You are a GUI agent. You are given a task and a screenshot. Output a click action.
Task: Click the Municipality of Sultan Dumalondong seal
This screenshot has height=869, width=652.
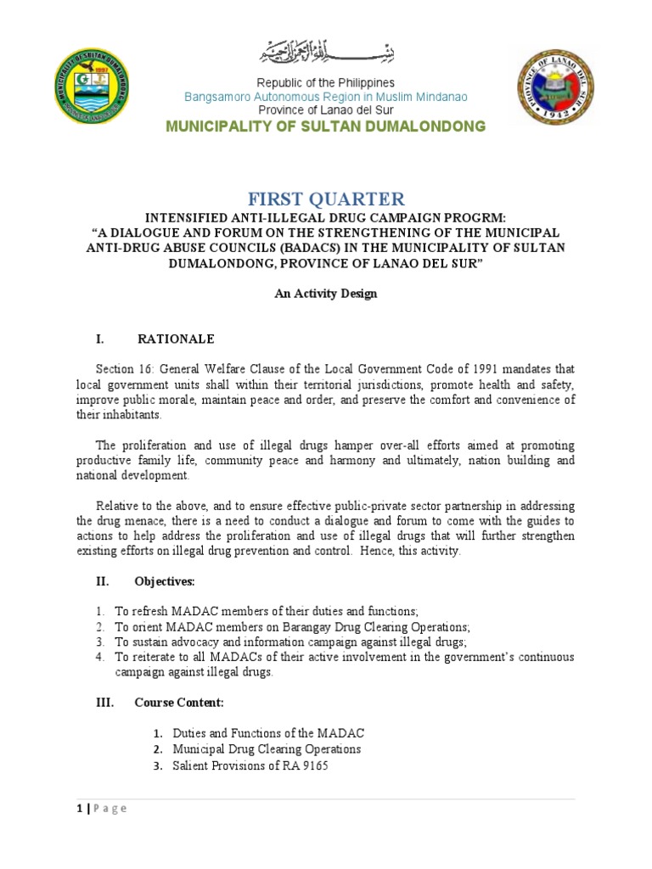90,87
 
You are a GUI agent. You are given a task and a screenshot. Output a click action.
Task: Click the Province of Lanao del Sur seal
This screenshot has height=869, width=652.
556,87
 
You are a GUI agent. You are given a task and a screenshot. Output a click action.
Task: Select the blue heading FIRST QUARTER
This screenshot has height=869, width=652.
326,199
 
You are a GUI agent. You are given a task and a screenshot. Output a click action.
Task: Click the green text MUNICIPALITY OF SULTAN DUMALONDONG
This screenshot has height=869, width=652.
326,126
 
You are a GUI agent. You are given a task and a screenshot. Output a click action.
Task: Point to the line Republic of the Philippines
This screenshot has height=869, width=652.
326,83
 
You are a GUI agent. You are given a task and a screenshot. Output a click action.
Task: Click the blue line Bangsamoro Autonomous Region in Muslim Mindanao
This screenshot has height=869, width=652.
326,97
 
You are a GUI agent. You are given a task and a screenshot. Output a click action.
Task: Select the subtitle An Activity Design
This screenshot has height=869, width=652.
325,294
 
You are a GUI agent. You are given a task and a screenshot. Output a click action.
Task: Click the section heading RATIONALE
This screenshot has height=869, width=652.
176,339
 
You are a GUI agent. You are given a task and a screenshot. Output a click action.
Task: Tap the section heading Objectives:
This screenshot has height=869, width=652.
165,581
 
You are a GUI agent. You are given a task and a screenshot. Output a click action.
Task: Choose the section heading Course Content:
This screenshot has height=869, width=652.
179,703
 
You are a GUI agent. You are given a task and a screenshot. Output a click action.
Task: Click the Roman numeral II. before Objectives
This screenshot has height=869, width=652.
101,581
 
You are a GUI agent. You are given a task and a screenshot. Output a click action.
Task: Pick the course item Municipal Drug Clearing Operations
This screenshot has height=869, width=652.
267,749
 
